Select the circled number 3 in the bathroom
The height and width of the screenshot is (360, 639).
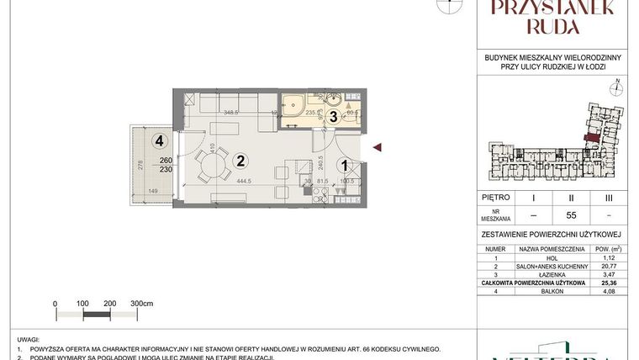[x=333, y=117]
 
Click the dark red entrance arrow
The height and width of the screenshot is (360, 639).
[x=378, y=148]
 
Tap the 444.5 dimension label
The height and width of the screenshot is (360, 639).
[x=246, y=181]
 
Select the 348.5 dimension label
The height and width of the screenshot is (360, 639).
[x=230, y=112]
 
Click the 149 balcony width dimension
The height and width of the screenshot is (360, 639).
[x=154, y=192]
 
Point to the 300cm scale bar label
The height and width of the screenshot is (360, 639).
[x=144, y=303]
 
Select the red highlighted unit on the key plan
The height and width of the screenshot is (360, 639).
[x=593, y=136]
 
